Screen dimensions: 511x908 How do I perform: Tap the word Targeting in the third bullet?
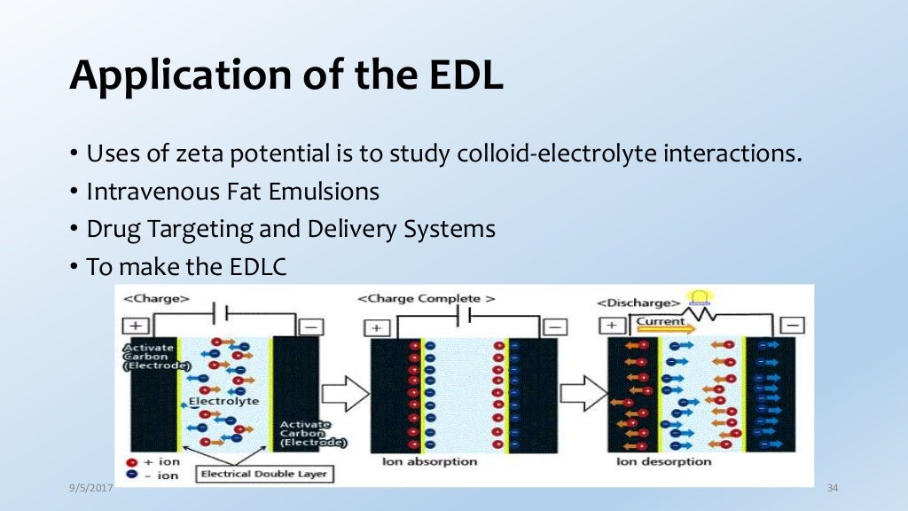coord(201,228)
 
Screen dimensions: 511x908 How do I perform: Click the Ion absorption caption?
coord(429,462)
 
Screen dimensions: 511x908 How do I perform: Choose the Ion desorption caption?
coord(664,462)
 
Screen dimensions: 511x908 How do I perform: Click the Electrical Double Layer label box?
coord(263,474)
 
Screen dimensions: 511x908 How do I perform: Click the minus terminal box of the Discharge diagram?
coord(794,325)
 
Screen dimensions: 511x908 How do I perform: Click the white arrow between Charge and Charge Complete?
coord(345,389)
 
